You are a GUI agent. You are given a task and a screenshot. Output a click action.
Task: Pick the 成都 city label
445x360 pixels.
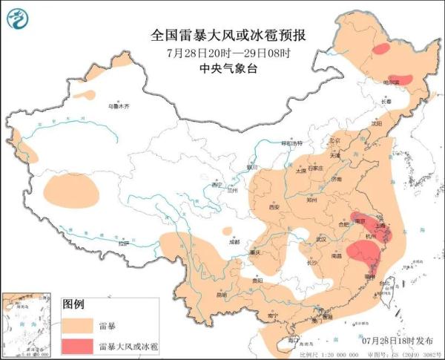click(x=234, y=240)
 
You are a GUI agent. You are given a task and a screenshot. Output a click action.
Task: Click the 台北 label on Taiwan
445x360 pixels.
click(x=388, y=282)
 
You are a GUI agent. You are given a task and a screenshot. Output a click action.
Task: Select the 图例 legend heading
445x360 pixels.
click(x=73, y=304)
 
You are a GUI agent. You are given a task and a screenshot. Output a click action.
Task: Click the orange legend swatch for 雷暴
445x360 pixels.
click(x=77, y=325)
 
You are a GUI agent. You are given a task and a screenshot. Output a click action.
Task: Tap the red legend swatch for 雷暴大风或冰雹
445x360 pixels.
click(x=77, y=346)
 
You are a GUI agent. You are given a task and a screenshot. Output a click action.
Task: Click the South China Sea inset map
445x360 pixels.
click(x=28, y=324)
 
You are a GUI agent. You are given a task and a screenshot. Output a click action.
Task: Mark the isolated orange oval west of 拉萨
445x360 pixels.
click(x=71, y=190)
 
